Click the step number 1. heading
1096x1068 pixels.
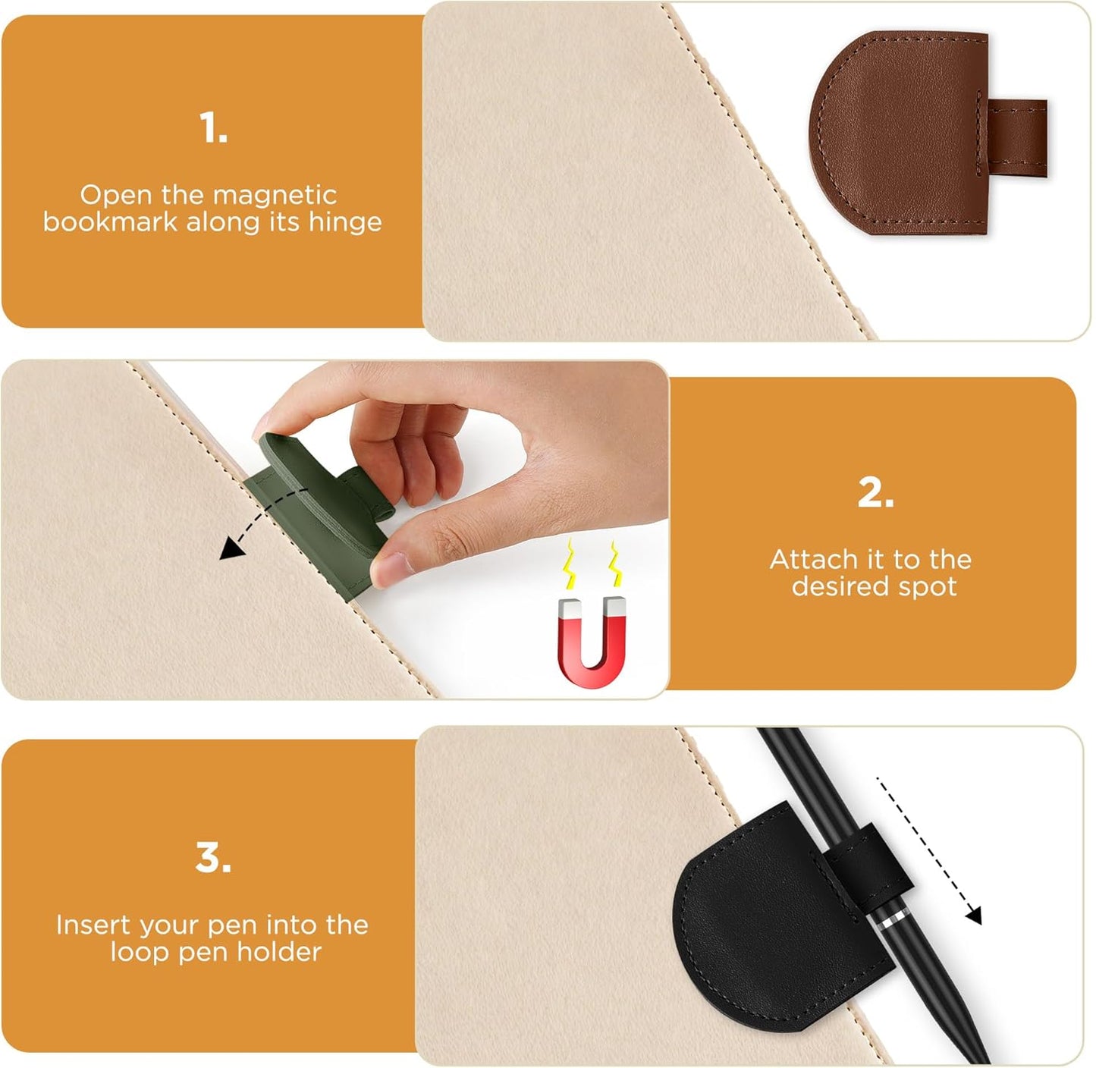click(213, 128)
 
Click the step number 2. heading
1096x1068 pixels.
click(875, 494)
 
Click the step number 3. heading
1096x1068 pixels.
click(213, 859)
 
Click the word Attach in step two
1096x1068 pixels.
click(813, 560)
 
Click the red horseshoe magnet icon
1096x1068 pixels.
click(592, 642)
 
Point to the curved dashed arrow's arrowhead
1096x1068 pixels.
click(227, 551)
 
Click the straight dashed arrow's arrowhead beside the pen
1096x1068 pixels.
click(974, 916)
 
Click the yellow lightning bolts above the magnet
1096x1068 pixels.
click(592, 565)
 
